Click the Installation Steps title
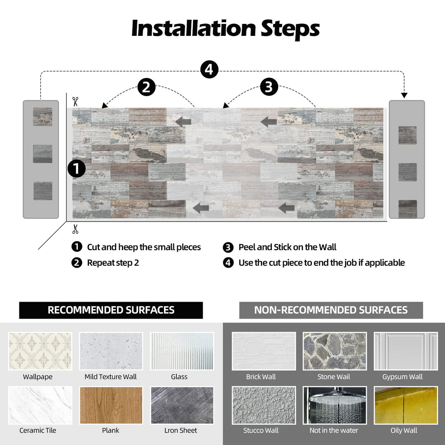225,29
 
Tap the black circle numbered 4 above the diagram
209,70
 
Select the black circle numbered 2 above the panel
146,87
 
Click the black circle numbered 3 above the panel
269,87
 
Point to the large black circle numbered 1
77,169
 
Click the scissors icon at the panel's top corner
75,101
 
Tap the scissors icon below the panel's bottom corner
75,229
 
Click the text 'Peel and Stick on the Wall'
287,247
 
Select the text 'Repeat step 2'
113,263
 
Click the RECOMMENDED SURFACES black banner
111,310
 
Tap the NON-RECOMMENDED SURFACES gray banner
331,310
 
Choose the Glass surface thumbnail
182,351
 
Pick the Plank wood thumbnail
111,405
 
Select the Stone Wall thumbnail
334,351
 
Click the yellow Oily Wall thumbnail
405,405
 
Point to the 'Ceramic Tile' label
38,431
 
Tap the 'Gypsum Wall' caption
402,377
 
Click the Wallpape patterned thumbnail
40,351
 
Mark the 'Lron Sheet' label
180,431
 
